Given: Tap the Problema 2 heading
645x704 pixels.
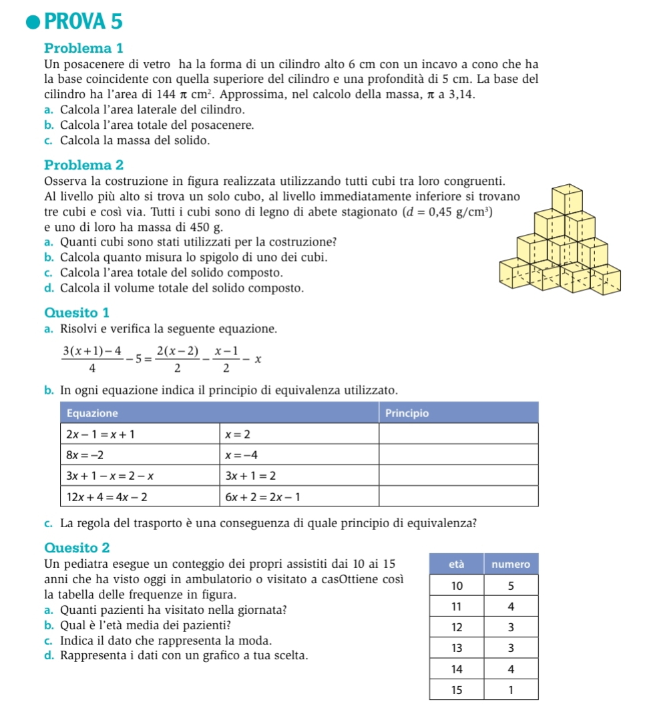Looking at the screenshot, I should click(x=84, y=164).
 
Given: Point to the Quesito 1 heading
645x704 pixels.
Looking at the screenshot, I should click(x=76, y=312).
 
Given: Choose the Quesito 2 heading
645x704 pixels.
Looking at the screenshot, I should click(x=77, y=547).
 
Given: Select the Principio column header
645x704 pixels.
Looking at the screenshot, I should click(x=408, y=413).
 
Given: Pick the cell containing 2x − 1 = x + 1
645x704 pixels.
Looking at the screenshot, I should click(x=100, y=434).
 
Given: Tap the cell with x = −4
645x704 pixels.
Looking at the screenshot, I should click(x=241, y=455).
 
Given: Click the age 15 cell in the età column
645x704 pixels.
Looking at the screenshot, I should click(x=457, y=689).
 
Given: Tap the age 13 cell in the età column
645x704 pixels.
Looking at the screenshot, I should click(x=457, y=648).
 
